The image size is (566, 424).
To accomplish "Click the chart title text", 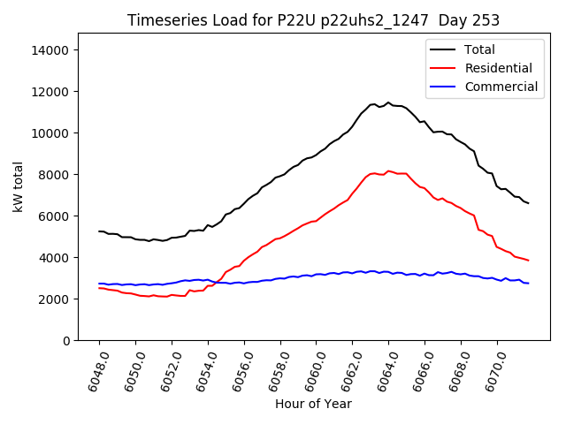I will coord(313,20).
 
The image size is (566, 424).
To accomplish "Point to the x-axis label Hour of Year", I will coord(313,404).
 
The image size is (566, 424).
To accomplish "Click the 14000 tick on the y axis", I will coord(50,50).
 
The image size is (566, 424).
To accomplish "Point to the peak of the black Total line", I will coord(387,102).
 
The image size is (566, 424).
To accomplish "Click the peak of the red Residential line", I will coord(388,171).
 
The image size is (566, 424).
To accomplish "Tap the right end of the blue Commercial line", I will coord(528,283).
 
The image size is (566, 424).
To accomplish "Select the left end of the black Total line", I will coord(99,231).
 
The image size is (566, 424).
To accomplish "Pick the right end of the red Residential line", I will coord(528,260).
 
